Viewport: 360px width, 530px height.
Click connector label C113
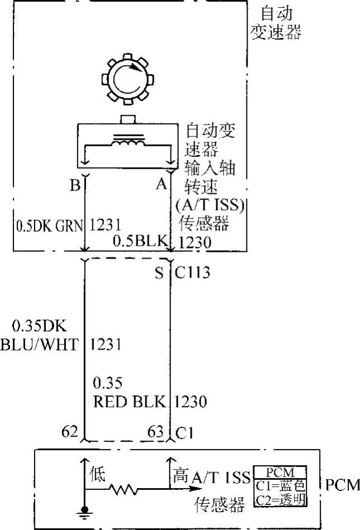pyautogui.click(x=192, y=273)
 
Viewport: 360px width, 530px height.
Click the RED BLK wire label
pyautogui.click(x=129, y=402)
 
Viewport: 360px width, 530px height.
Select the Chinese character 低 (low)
pyautogui.click(x=98, y=477)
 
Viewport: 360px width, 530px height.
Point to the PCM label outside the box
pyautogui.click(x=342, y=484)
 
